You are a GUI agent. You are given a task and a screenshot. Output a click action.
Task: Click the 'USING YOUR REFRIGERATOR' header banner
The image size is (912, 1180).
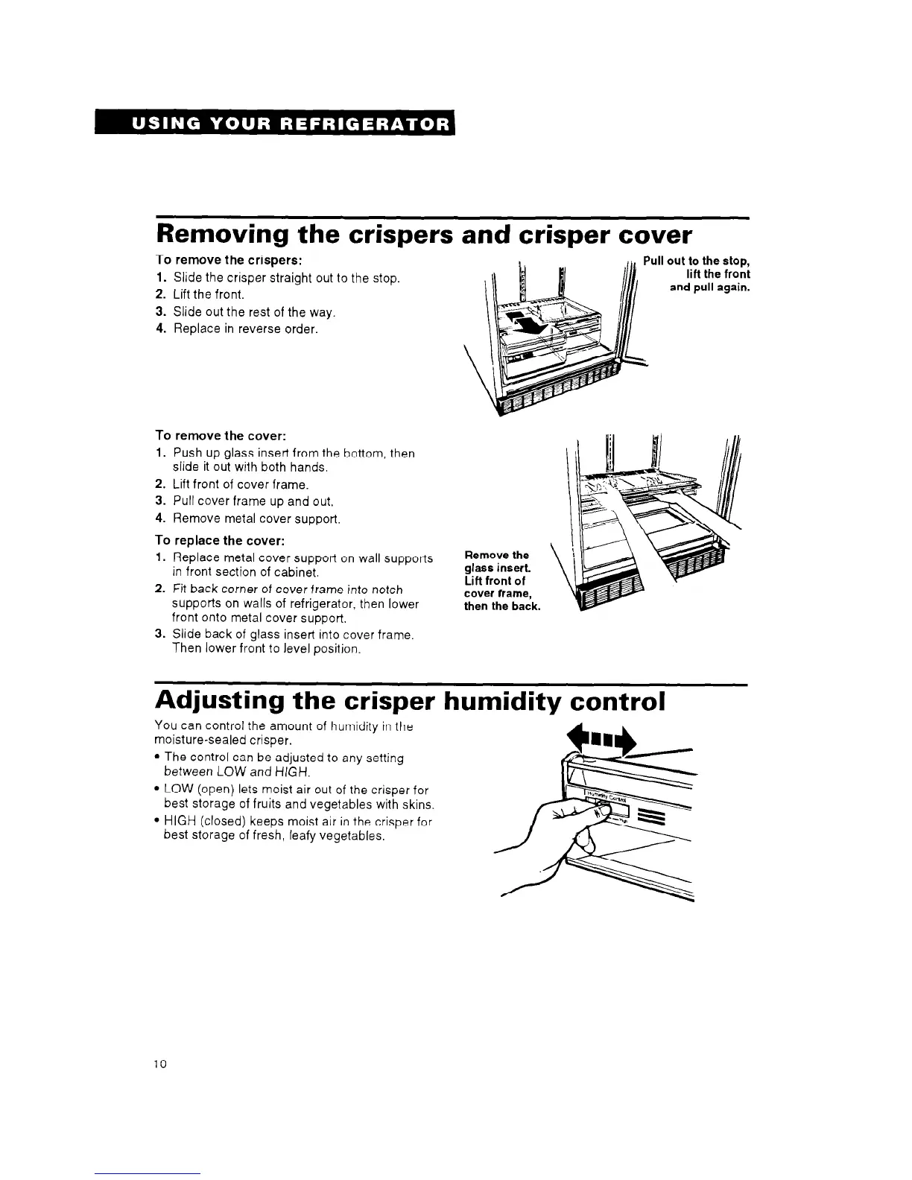tap(274, 124)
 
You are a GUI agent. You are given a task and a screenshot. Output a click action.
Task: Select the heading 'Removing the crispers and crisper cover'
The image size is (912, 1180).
tap(423, 235)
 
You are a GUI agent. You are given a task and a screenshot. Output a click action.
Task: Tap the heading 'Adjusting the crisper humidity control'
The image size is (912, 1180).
tap(409, 701)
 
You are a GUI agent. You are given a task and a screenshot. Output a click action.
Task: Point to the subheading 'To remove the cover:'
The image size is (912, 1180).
tap(221, 435)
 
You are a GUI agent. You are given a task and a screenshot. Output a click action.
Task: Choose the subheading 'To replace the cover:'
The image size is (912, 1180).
tap(221, 540)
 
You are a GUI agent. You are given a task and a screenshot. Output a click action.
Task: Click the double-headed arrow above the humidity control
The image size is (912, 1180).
tap(602, 740)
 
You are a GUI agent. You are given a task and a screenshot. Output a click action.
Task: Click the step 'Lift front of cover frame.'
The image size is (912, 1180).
tap(241, 485)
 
